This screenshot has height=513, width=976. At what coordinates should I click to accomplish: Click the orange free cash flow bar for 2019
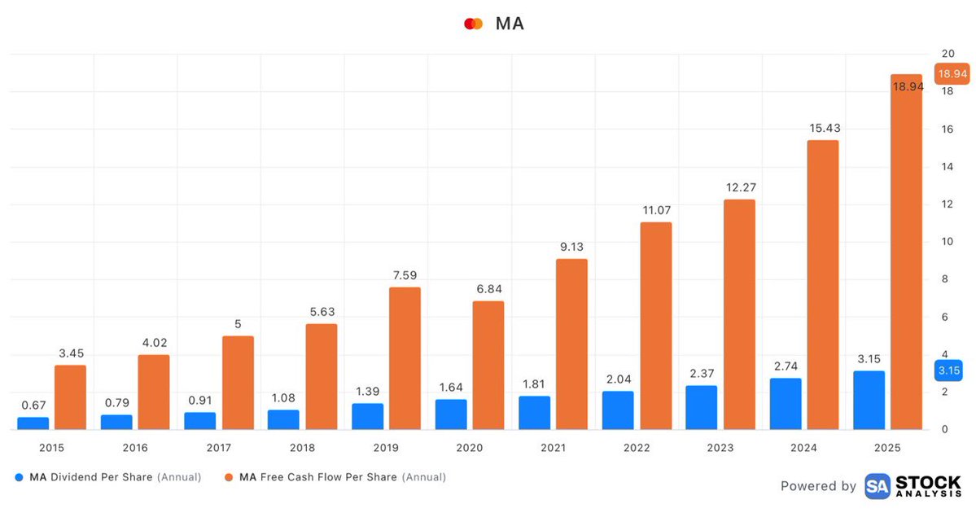(x=405, y=358)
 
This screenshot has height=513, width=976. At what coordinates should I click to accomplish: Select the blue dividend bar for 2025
(x=869, y=401)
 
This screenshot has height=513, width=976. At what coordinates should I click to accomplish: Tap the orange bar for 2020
(x=488, y=366)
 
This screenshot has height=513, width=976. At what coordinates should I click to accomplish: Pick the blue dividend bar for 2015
(x=33, y=423)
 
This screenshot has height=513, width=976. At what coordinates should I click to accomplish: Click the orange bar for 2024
(x=823, y=284)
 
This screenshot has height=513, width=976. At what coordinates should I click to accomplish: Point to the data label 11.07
(x=657, y=210)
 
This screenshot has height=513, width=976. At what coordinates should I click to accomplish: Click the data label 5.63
(x=322, y=312)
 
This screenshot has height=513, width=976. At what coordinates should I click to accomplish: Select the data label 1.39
(x=367, y=392)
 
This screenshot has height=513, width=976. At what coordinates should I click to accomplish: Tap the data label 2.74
(x=786, y=366)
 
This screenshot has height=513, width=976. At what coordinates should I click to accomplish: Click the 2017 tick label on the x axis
(x=218, y=448)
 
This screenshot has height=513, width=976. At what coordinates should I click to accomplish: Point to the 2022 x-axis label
(x=636, y=448)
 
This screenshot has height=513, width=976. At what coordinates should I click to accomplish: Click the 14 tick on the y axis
(x=948, y=166)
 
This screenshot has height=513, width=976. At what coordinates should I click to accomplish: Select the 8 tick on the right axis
(x=945, y=279)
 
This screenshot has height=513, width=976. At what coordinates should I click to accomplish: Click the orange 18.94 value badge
(x=952, y=74)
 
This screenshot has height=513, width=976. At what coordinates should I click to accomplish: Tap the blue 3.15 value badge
(x=948, y=370)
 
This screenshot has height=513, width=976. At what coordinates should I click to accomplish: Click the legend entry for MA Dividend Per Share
(x=107, y=477)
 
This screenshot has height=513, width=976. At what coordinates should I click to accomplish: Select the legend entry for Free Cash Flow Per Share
(x=335, y=477)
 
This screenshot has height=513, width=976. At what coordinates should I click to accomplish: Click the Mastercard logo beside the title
(x=473, y=24)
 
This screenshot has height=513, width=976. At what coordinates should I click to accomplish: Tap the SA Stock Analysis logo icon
(x=877, y=486)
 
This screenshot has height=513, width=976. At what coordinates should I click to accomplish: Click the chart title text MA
(x=510, y=24)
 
